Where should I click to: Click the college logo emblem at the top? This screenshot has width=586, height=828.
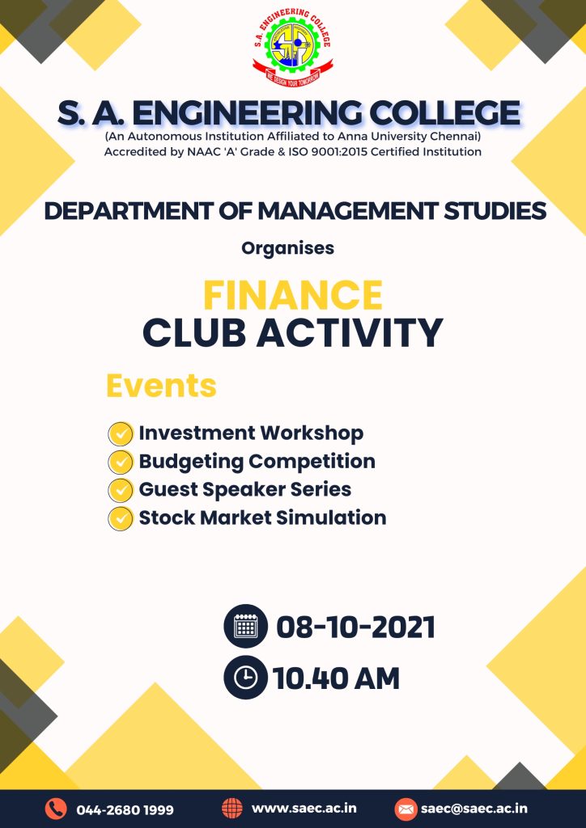(293, 49)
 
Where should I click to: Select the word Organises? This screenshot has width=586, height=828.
(288, 248)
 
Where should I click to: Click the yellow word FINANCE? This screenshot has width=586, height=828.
(293, 295)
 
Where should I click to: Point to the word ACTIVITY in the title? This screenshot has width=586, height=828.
(350, 332)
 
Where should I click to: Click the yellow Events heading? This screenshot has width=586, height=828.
(161, 386)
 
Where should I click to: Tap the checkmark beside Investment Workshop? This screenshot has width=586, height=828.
(121, 434)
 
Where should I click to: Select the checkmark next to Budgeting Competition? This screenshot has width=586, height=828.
(121, 463)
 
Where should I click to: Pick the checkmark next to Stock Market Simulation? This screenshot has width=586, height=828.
(121, 518)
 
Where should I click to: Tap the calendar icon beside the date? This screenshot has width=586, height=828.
(246, 627)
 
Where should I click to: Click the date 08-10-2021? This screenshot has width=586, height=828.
(355, 627)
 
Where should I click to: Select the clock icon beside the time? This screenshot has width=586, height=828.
(246, 678)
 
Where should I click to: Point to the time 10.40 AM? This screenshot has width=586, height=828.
(336, 678)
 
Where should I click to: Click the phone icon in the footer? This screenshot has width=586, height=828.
(56, 809)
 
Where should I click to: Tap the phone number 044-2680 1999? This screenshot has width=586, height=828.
(125, 809)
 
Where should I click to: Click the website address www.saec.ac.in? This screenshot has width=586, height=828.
(304, 809)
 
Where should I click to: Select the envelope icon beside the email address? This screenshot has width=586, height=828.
(406, 809)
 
